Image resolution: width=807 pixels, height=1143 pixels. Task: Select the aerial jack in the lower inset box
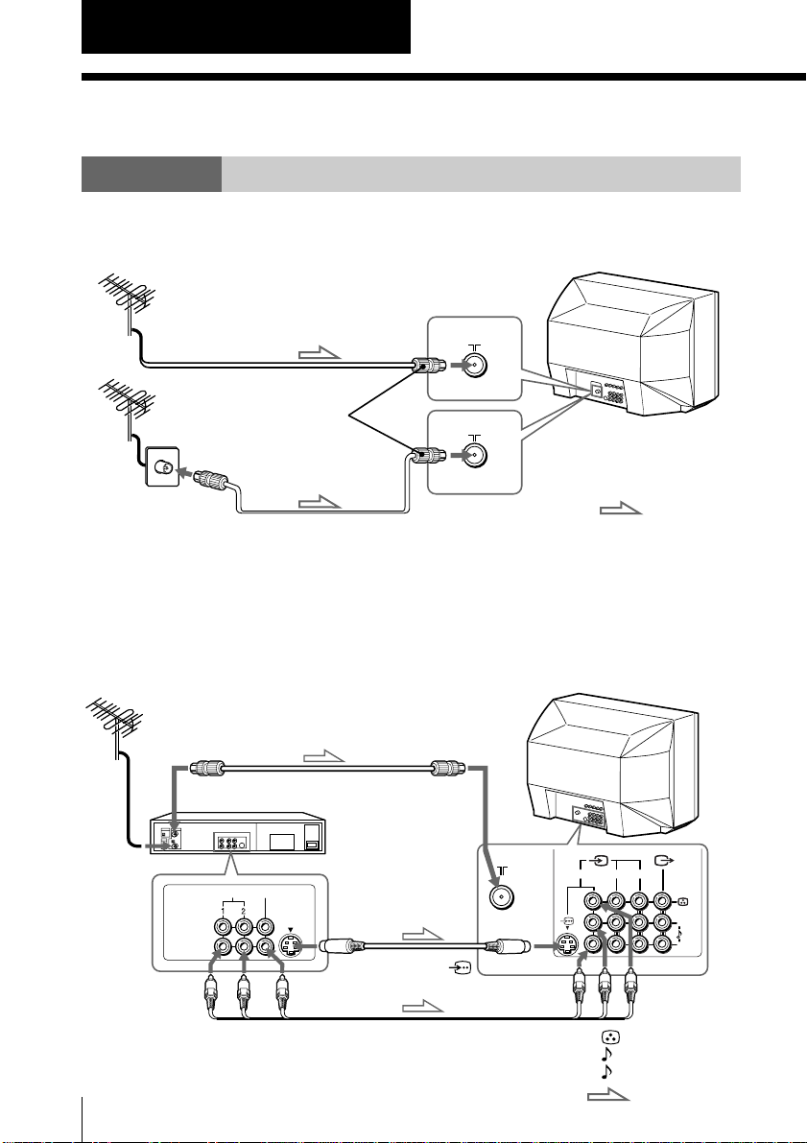474,456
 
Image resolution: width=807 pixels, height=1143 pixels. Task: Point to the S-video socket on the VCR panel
292,946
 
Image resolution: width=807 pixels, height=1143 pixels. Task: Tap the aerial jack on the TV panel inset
501,897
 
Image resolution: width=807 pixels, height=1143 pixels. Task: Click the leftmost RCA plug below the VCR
211,993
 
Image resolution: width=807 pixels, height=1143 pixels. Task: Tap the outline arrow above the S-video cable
423,935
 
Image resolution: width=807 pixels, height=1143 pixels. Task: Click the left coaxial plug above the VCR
208,768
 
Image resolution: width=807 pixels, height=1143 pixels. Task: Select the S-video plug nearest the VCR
342,946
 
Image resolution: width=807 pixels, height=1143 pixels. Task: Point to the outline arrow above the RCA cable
423,1007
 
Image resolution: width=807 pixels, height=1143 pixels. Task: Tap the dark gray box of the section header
152,175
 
